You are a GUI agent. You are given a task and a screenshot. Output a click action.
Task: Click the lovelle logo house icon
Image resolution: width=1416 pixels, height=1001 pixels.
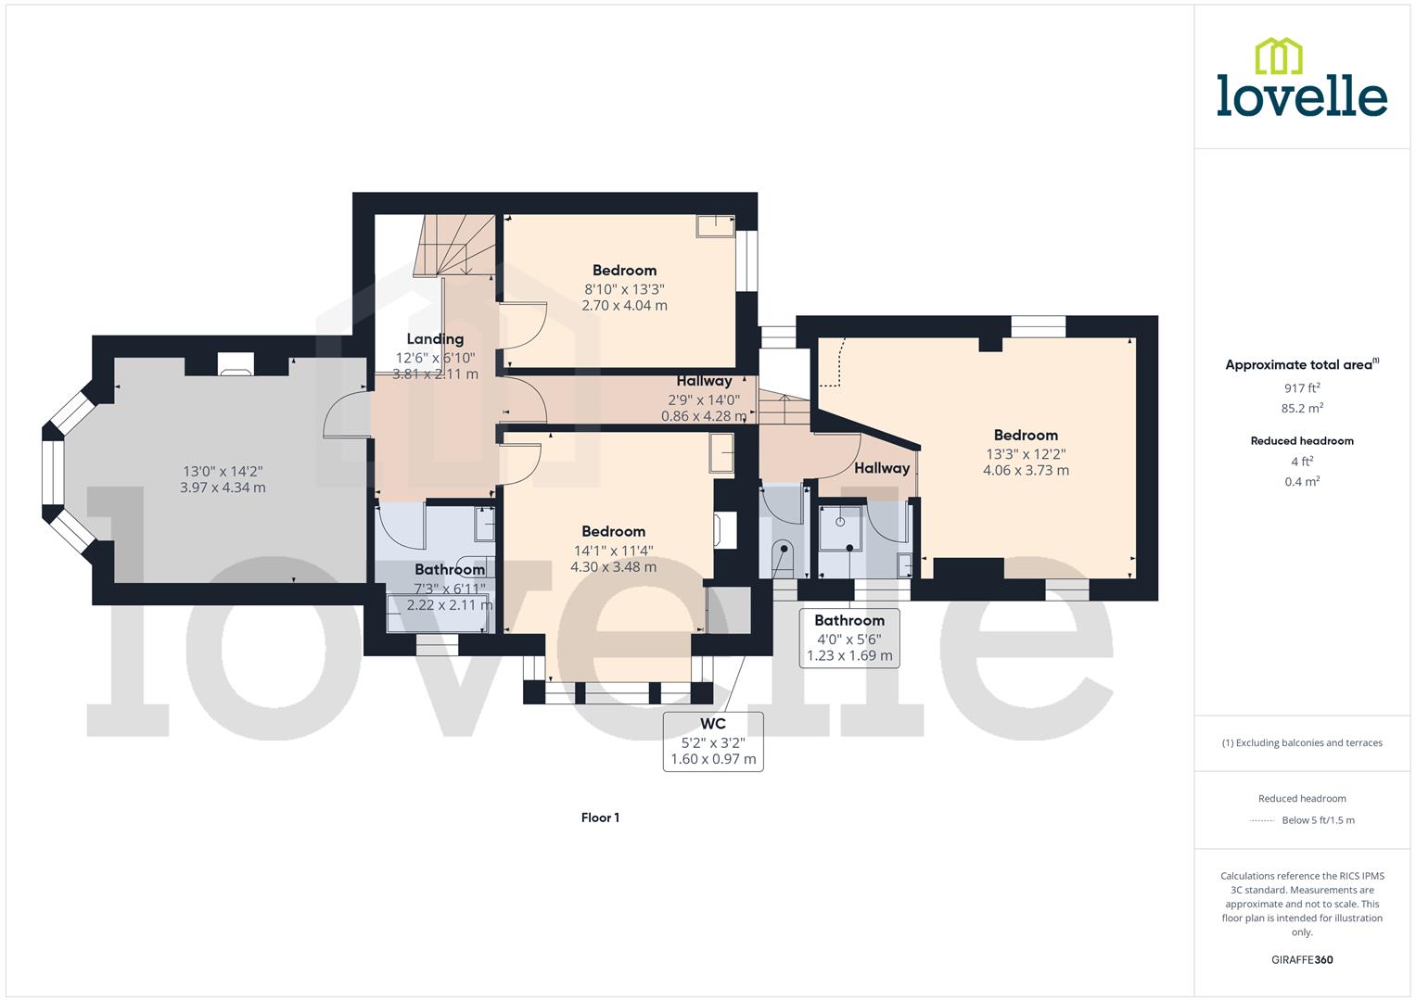coord(1278,56)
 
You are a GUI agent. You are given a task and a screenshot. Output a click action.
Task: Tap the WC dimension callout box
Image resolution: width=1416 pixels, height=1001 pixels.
coord(713,741)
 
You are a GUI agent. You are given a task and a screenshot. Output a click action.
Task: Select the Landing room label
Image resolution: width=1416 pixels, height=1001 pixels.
coord(435,339)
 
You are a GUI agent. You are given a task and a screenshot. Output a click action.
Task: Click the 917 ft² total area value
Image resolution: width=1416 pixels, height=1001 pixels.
coord(1302,388)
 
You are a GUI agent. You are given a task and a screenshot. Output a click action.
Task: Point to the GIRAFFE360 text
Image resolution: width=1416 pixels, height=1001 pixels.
coord(1302,960)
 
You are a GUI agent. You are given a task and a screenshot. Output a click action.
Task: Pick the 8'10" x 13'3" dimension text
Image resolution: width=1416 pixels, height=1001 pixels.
coord(624,288)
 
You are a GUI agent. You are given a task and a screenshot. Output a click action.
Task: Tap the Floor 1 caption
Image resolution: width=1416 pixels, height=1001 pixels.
coord(600,817)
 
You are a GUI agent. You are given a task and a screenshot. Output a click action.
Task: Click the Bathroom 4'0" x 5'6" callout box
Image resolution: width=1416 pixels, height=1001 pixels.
coord(849,638)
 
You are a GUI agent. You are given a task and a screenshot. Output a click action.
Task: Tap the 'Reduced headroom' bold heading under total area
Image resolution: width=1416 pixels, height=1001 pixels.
coord(1302,441)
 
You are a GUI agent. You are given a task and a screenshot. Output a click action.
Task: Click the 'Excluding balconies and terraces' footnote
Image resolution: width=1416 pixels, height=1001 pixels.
coord(1302,743)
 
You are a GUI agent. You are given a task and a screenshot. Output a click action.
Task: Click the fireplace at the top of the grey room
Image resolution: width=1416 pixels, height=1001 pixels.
coord(236,363)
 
